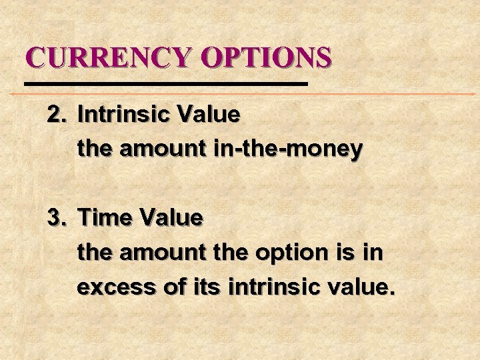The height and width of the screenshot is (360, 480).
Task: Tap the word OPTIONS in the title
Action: pyautogui.click(x=266, y=57)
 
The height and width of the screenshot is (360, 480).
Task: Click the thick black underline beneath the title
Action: pyautogui.click(x=165, y=85)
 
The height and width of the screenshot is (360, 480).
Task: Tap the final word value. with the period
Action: pyautogui.click(x=364, y=289)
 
